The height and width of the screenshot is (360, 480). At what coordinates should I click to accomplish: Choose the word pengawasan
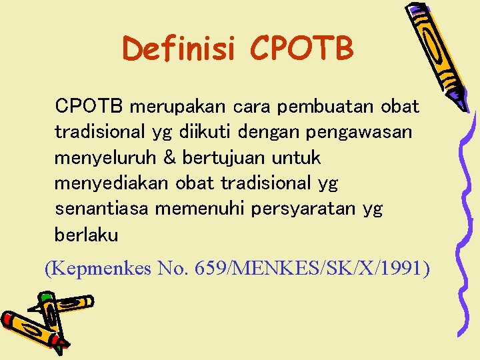tap(359, 132)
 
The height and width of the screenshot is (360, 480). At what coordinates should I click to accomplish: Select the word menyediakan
tap(113, 183)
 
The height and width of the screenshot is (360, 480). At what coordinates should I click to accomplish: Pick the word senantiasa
tap(102, 209)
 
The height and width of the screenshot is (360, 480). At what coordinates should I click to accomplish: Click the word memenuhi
tap(200, 209)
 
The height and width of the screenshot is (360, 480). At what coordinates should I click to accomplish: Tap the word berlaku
tap(87, 235)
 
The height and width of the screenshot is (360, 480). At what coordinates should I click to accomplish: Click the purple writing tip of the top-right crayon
tap(459, 100)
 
